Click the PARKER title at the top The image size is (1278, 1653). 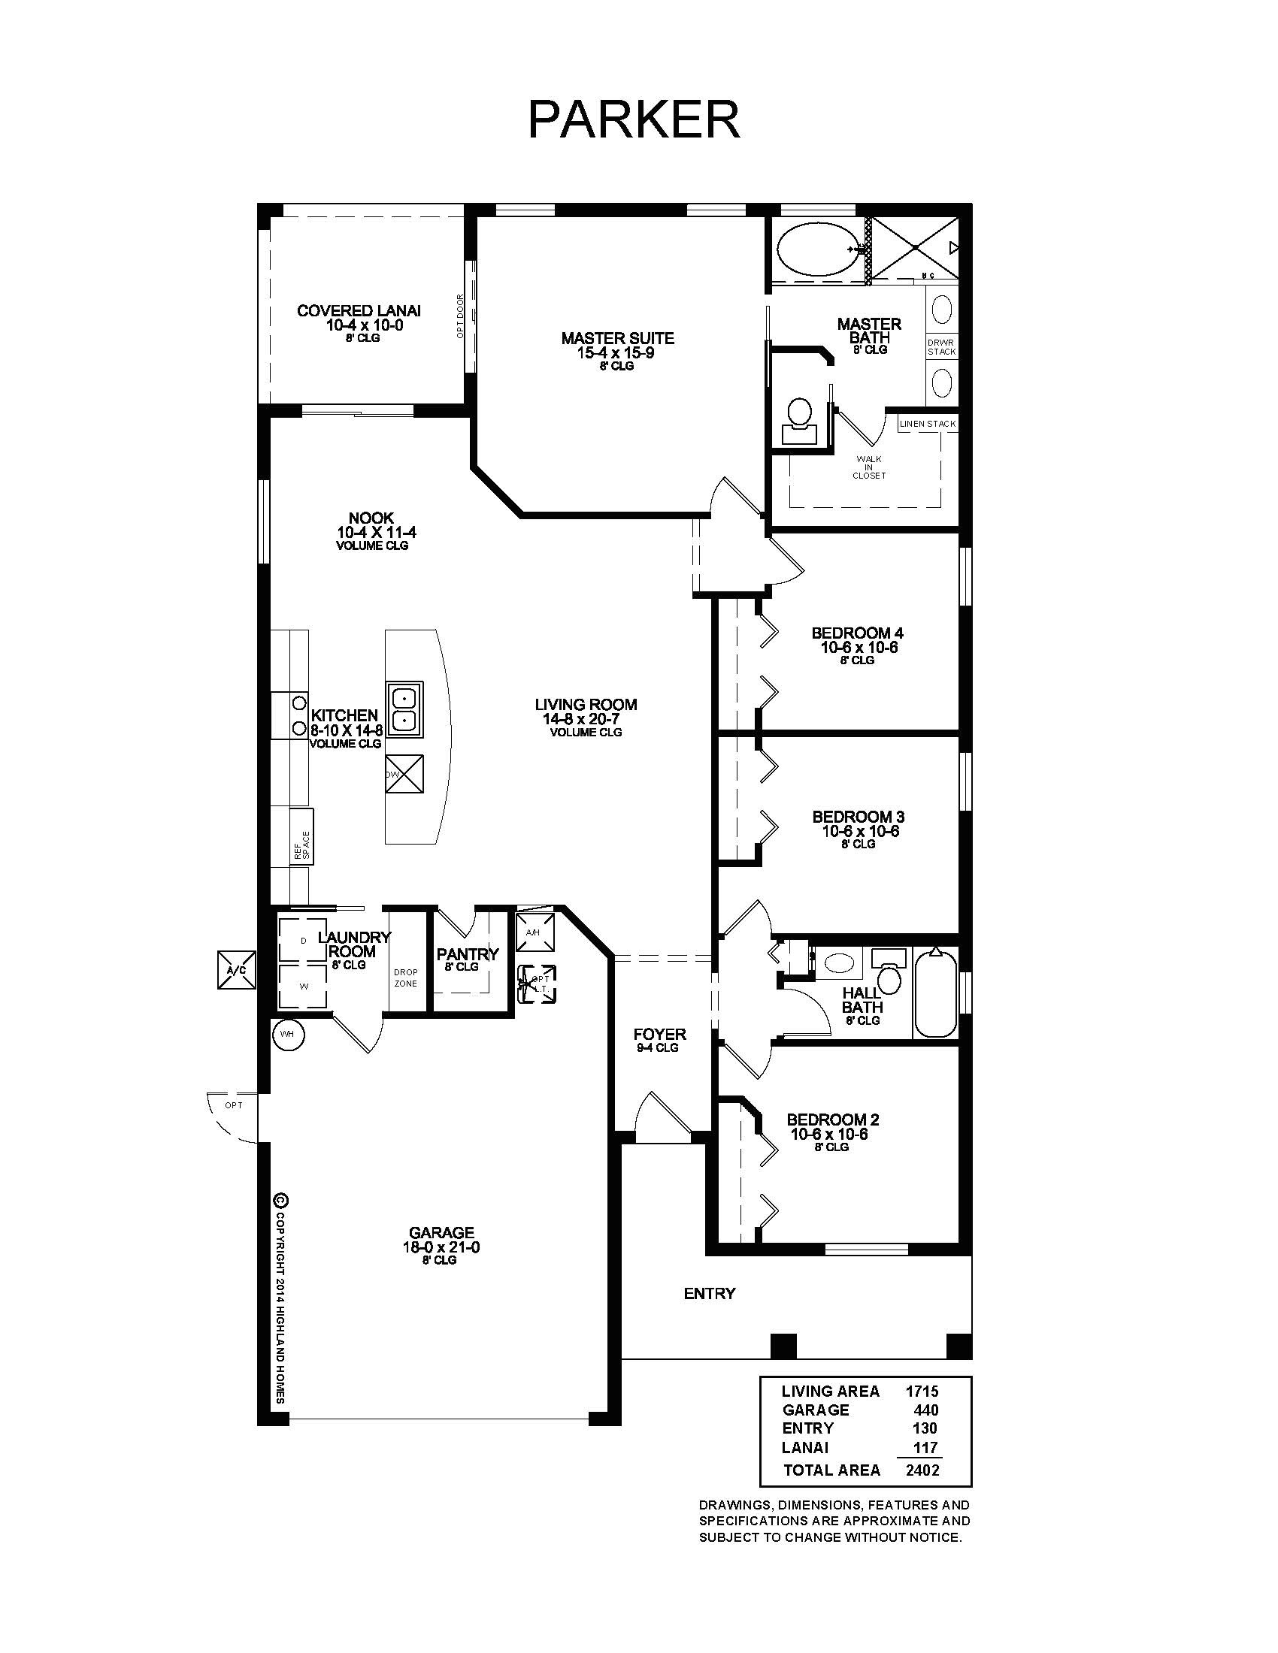point(634,119)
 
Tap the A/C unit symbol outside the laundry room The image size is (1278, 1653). point(236,969)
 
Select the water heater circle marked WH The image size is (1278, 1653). point(288,1034)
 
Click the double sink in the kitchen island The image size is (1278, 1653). point(404,709)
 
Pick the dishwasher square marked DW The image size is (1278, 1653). point(404,774)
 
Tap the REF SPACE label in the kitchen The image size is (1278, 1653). point(302,845)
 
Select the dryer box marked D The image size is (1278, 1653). point(303,941)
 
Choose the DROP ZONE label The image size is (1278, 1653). point(405,977)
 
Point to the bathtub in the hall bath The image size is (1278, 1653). point(936,993)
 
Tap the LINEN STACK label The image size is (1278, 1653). point(928,424)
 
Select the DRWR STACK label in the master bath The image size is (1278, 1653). point(941,346)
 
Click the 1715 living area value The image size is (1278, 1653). point(922,1391)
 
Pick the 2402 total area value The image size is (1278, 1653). point(922,1470)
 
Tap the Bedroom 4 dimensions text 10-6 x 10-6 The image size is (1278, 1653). point(859,647)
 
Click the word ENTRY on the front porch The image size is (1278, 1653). point(709,1294)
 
